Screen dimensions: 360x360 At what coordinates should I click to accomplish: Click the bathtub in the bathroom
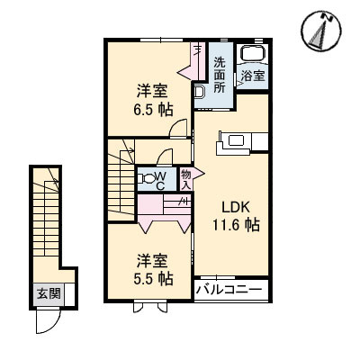[x=251, y=55]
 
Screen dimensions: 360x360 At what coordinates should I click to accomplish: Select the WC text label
[x=158, y=180]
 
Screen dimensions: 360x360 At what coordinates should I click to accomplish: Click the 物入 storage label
[x=185, y=179]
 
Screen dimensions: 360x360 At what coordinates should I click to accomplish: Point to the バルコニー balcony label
[x=229, y=291]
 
